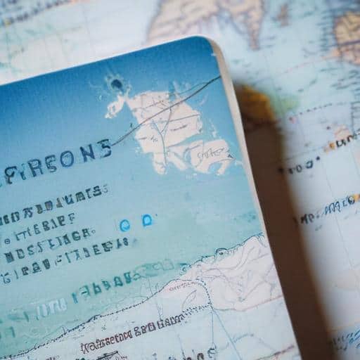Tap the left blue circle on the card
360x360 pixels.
[125, 225]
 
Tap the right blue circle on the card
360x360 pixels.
[147, 221]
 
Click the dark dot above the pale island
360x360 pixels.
[117, 86]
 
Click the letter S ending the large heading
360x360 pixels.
[104, 149]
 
